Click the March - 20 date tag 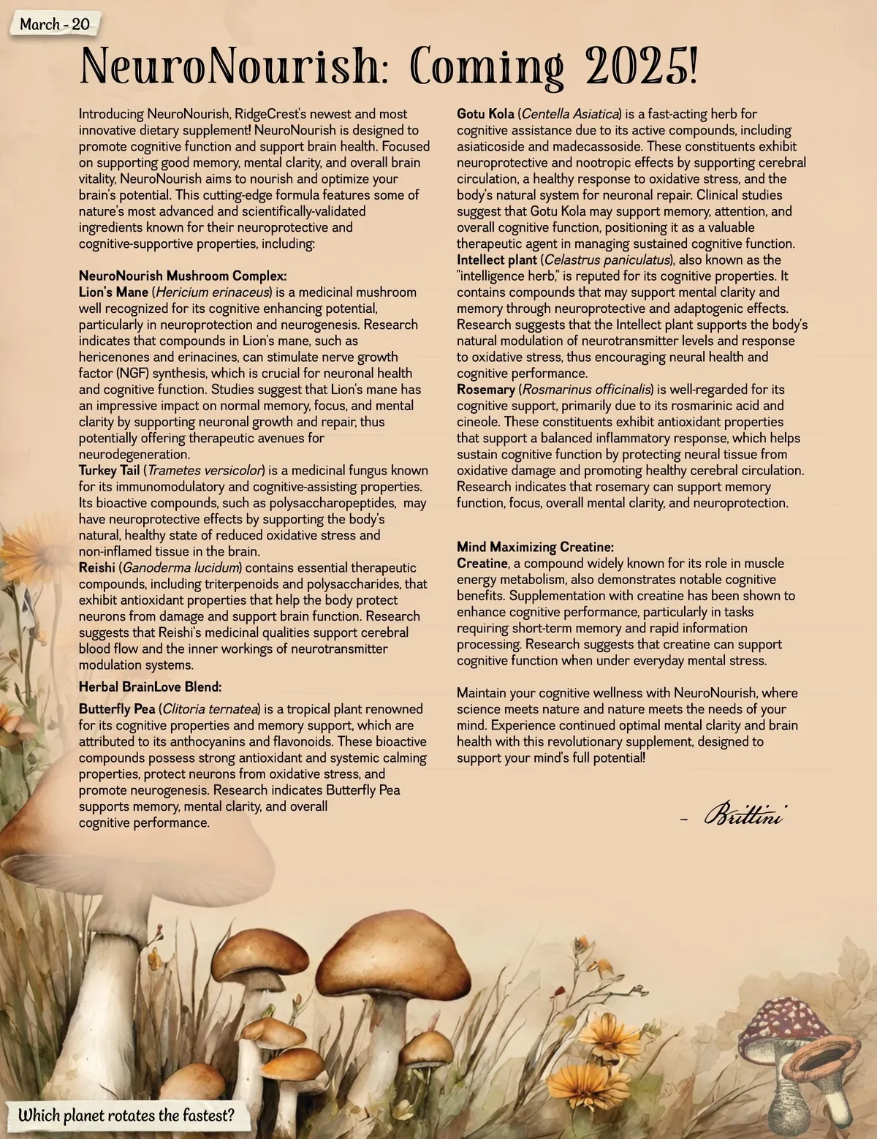[x=54, y=24]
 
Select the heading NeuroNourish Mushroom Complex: [x=182, y=276]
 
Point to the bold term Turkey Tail [x=110, y=470]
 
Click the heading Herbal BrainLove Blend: [x=150, y=686]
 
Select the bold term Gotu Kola [x=485, y=114]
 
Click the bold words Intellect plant [x=497, y=260]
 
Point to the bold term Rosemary [x=485, y=389]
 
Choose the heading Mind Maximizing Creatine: [x=535, y=547]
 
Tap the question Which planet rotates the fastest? [x=126, y=1116]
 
